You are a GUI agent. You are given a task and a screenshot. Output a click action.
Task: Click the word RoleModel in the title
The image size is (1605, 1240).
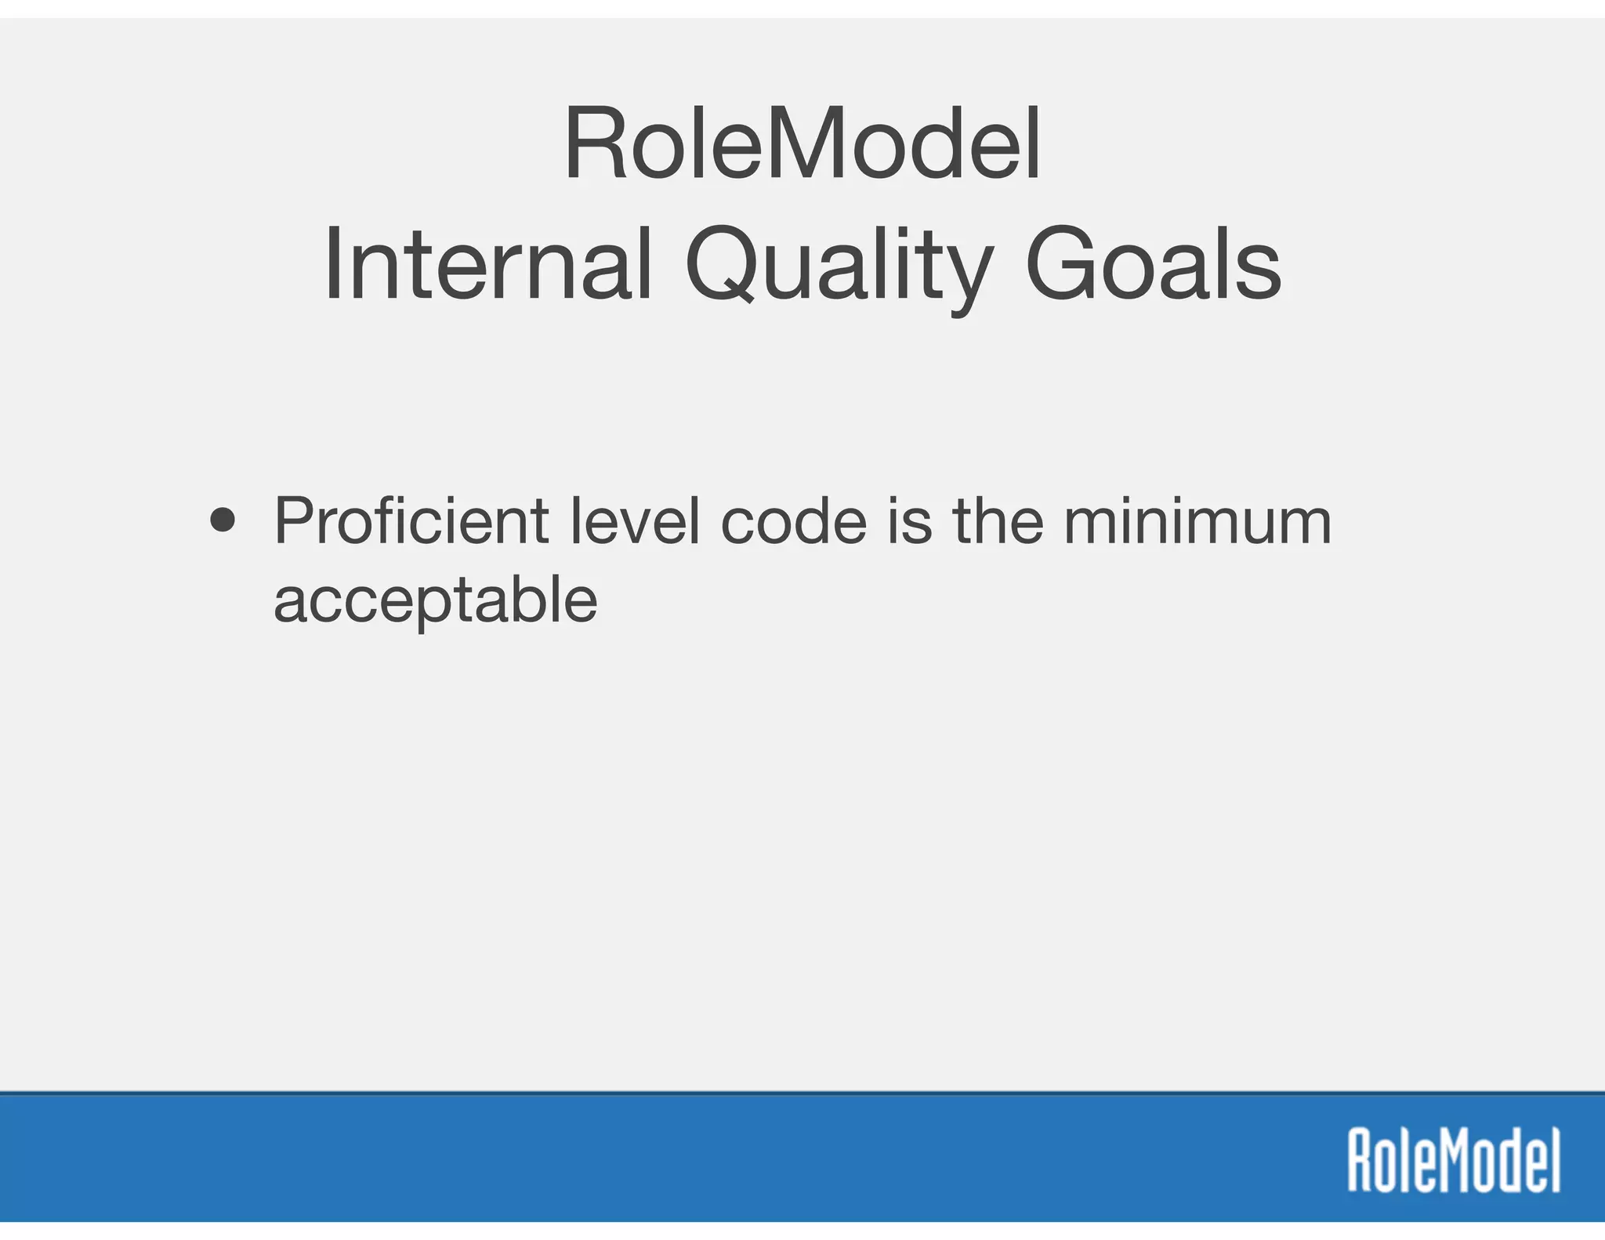tap(802, 145)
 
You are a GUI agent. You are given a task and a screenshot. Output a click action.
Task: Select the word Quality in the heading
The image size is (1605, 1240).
tap(839, 265)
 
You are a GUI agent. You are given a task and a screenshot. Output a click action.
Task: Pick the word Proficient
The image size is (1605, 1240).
tap(411, 520)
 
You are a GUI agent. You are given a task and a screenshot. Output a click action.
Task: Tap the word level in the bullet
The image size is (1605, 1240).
tap(635, 520)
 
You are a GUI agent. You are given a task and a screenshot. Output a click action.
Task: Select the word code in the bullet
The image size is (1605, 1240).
tap(793, 520)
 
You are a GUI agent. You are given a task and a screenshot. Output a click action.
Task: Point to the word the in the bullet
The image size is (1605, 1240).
tap(998, 520)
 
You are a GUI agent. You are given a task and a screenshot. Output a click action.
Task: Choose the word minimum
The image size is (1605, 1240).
tap(1197, 520)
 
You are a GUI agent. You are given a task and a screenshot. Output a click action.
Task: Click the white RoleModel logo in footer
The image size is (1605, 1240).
tap(1454, 1160)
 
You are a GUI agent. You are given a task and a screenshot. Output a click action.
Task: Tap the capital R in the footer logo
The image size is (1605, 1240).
tap(1360, 1160)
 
